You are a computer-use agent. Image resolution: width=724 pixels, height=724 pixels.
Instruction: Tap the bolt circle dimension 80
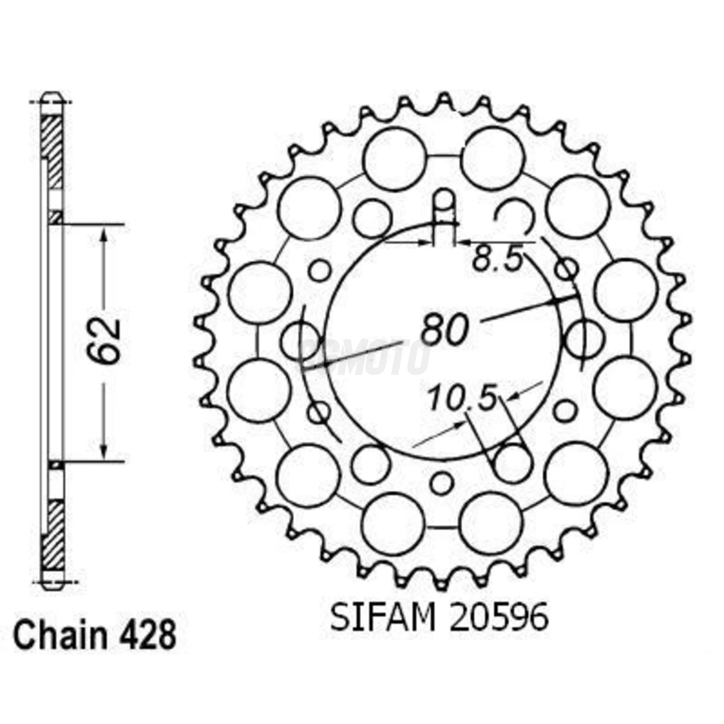tap(444, 329)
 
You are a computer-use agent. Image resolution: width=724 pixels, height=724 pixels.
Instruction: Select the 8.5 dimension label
tap(498, 260)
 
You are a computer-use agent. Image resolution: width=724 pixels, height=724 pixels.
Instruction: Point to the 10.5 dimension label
tap(462, 398)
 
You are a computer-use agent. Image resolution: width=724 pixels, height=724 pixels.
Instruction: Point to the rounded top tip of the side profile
tap(52, 96)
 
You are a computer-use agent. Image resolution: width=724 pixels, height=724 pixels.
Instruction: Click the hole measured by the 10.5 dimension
tap(512, 462)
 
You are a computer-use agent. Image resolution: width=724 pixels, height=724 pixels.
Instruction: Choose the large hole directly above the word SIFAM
tap(394, 523)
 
